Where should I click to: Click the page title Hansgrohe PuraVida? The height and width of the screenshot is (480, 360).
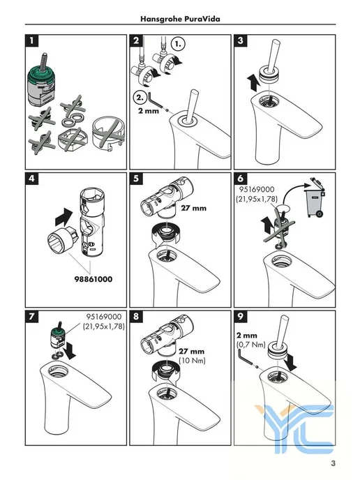180,19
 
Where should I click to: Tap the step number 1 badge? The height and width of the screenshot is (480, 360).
32,40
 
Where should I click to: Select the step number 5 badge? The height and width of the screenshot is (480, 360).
136,179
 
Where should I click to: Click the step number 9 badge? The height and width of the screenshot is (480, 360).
241,316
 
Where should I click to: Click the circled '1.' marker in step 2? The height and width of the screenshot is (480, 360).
178,44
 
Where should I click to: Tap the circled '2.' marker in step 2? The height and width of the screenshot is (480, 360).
140,98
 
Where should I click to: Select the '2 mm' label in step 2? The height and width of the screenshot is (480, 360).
149,110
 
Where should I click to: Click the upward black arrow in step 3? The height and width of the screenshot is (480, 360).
253,83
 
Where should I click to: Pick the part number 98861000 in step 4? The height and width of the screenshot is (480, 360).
93,279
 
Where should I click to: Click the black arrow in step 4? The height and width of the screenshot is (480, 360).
63,216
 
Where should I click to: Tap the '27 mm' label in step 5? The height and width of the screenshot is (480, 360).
194,208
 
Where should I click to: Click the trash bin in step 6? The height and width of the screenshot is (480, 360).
314,197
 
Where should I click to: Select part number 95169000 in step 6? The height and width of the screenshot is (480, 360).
257,190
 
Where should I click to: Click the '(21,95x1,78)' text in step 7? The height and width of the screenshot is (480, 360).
104,327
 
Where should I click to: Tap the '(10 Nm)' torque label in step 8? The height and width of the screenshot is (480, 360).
193,360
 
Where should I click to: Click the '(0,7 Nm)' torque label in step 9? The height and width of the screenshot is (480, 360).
251,345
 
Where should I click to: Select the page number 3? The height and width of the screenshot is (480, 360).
333,463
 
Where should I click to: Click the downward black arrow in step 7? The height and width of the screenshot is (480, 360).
70,351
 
